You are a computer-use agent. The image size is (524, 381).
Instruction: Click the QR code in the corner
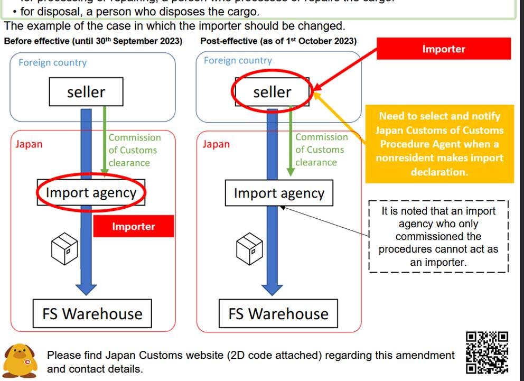tap(487, 352)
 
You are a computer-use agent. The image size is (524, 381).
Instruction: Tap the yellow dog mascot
tap(21, 359)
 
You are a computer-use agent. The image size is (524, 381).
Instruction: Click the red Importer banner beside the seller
tap(443, 49)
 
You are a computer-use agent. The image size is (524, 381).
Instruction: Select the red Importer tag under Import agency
tap(133, 227)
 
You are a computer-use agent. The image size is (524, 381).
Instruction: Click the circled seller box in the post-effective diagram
tap(272, 92)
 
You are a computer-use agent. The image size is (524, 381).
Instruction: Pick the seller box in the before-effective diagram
tap(86, 92)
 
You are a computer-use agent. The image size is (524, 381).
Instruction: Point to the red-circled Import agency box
tap(91, 192)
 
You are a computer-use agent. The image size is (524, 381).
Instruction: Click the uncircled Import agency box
tap(279, 193)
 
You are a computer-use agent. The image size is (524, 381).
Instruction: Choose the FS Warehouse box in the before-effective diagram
tap(92, 314)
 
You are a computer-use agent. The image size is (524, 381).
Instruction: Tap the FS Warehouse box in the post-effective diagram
tap(278, 314)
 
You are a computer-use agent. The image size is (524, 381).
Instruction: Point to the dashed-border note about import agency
tap(438, 236)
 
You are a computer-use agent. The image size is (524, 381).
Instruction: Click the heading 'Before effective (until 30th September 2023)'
tap(93, 41)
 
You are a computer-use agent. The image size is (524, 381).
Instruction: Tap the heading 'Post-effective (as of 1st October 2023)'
tap(278, 41)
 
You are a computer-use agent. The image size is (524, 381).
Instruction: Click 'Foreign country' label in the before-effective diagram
tap(52, 62)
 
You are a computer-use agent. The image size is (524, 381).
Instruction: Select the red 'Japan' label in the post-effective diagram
tap(216, 144)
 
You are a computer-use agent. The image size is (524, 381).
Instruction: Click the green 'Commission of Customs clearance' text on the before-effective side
tap(134, 150)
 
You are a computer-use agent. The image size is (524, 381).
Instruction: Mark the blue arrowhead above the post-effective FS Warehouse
tap(273, 289)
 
